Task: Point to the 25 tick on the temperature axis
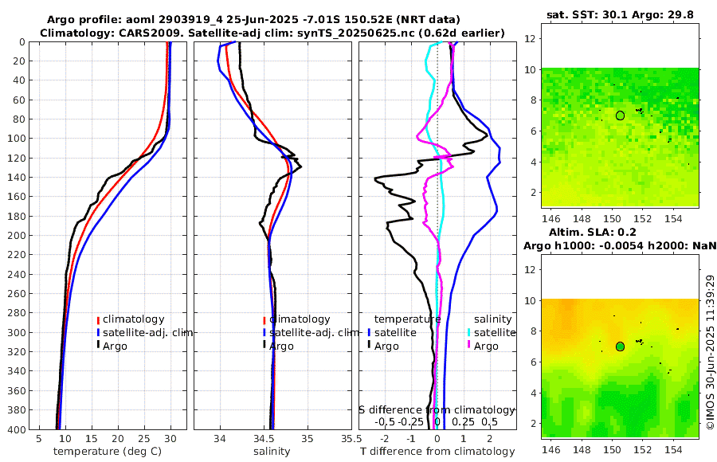pos(144,439)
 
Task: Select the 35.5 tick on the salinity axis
pos(347,439)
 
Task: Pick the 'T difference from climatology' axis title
pos(437,452)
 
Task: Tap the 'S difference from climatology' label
pos(432,409)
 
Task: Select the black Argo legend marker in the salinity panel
pos(264,346)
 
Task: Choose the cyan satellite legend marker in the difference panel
pos(469,332)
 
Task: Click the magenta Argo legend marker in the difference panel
pos(469,346)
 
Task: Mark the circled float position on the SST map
pos(620,115)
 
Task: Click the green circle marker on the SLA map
pos(620,346)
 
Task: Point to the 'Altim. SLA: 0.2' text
pos(611,232)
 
